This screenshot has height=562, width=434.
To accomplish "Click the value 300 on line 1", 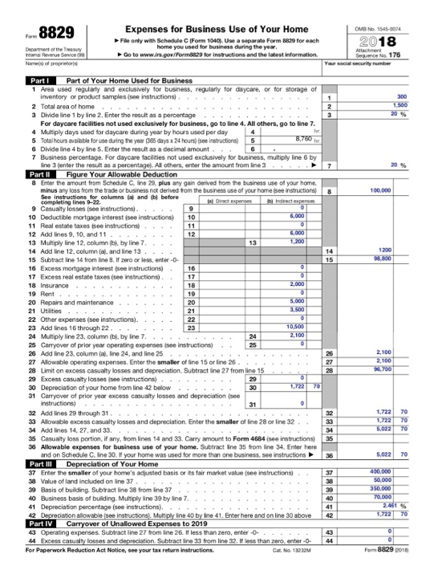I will point(403,96).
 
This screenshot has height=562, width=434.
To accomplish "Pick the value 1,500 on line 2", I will point(400,105).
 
